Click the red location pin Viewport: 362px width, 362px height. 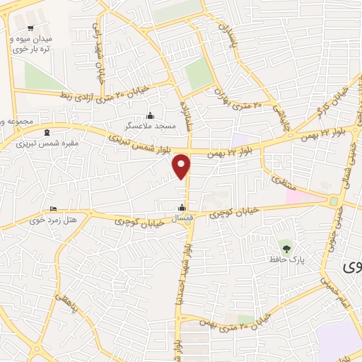click(182, 165)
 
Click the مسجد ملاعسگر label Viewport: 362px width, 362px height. click(149, 124)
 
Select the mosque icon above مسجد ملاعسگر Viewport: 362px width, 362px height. click(149, 115)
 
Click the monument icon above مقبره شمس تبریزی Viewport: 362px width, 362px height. click(47, 133)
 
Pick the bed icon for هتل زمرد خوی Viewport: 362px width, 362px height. click(53, 209)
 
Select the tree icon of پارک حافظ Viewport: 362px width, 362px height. click(286, 248)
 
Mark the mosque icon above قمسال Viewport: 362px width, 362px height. click(183, 208)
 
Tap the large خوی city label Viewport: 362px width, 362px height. click(352, 267)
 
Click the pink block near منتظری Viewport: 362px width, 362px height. click(298, 194)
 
